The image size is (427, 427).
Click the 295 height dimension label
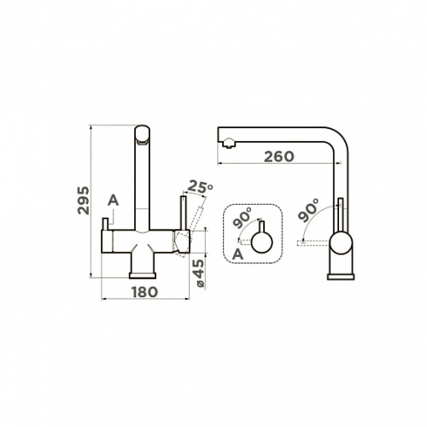(84, 201)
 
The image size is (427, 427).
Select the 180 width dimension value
(144, 292)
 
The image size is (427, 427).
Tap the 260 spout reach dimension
(279, 157)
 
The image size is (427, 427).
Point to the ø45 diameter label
(199, 273)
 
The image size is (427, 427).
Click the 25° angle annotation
(201, 186)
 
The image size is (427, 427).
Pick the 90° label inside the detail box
(243, 217)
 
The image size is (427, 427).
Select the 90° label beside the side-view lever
(308, 210)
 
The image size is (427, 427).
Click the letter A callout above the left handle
(113, 201)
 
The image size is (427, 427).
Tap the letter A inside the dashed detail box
(237, 254)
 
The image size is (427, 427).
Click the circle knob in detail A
(262, 243)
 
